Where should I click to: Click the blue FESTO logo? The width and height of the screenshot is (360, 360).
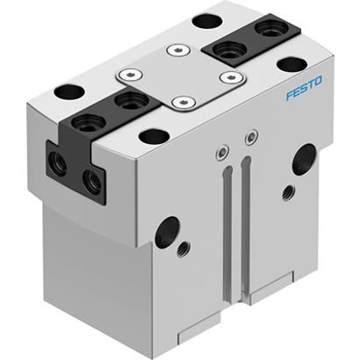pyautogui.click(x=304, y=88)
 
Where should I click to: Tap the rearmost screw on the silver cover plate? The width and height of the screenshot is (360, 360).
pyautogui.click(x=182, y=50)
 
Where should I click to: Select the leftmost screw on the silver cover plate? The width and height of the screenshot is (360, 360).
pyautogui.click(x=132, y=76)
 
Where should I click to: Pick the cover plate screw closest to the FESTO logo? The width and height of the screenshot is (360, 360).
pyautogui.click(x=232, y=77)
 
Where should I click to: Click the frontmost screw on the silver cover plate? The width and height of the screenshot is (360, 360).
pyautogui.click(x=182, y=102)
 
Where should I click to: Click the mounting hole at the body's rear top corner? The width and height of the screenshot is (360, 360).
pyautogui.click(x=206, y=19)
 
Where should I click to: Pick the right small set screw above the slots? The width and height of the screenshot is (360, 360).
pyautogui.click(x=252, y=136)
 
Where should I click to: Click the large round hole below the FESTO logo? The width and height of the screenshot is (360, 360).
pyautogui.click(x=305, y=158)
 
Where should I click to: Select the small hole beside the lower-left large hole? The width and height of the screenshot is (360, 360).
pyautogui.click(x=183, y=249)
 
